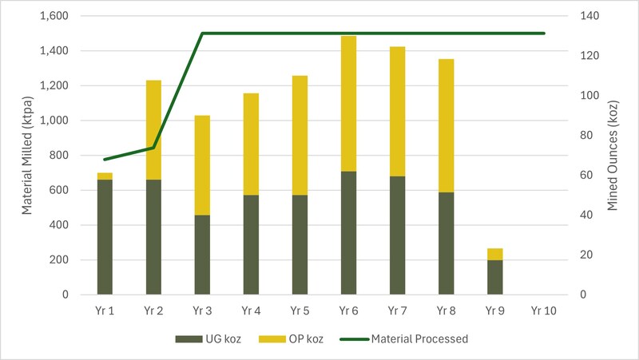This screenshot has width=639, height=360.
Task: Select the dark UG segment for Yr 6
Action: pos(348,232)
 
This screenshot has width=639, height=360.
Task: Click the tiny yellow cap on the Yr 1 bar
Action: pos(105,176)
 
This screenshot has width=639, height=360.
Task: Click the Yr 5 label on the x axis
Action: pos(300,311)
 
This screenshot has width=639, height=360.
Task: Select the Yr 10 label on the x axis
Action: pos(543,311)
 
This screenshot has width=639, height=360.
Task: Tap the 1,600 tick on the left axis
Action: pos(54,16)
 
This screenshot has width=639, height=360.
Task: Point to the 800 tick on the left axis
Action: pos(59,156)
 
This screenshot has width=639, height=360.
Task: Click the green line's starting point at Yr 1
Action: pos(105,160)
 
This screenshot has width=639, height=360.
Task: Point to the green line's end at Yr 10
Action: pos(543,34)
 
